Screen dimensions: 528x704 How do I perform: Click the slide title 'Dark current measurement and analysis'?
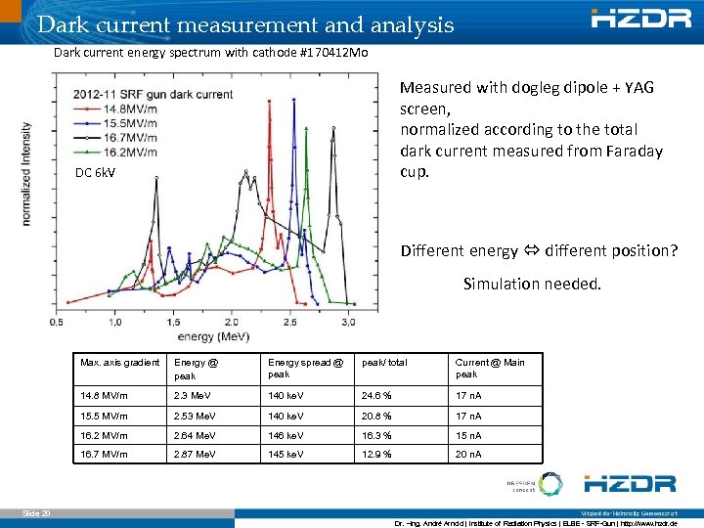click(244, 23)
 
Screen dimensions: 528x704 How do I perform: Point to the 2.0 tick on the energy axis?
click(232, 322)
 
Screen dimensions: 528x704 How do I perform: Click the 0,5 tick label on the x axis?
click(56, 322)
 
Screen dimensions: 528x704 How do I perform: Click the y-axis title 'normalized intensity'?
click(26, 174)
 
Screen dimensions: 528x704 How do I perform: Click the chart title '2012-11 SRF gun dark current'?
click(152, 94)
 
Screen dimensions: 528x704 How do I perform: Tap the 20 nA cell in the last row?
click(468, 455)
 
